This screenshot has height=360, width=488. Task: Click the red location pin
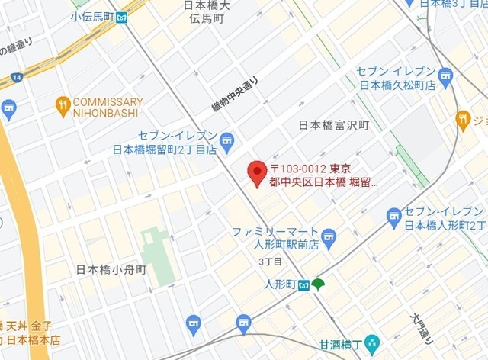pos(257,172)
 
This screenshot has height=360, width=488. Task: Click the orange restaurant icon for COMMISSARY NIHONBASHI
pos(63,106)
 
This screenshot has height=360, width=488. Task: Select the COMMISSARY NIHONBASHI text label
pos(108,108)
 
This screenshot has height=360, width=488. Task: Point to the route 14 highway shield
pos(14,77)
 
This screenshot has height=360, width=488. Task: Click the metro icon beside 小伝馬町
pos(120,17)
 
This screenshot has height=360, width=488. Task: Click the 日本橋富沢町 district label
pos(333,124)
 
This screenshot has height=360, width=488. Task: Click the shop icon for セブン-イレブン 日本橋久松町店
pos(445,75)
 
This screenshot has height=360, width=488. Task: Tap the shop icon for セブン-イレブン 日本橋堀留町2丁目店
pos(226,140)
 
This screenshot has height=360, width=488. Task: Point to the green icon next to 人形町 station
pos(318,285)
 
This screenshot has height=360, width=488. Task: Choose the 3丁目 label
pos(271,262)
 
